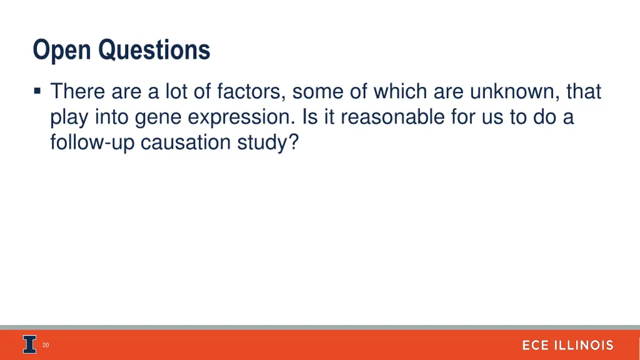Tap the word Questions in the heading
click(x=154, y=50)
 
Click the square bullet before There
click(x=38, y=92)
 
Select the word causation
click(x=177, y=142)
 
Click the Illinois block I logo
click(x=30, y=344)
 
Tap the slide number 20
click(x=46, y=345)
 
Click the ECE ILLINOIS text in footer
click(x=567, y=345)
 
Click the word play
click(x=70, y=117)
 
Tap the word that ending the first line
click(x=584, y=92)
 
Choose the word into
click(x=112, y=117)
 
